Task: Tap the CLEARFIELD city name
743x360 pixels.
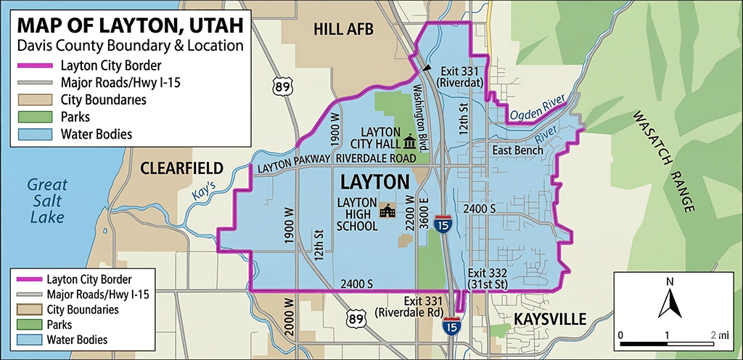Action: click(182, 168)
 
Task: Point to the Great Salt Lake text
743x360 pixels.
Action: click(46, 200)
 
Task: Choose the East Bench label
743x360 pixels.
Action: click(517, 150)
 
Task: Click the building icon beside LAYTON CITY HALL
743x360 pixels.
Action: click(411, 140)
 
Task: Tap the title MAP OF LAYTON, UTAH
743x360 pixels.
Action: click(130, 25)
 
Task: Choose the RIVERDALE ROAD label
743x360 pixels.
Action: click(377, 158)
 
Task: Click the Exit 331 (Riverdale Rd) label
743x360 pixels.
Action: click(409, 306)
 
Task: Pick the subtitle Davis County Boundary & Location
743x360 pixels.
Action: click(130, 46)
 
